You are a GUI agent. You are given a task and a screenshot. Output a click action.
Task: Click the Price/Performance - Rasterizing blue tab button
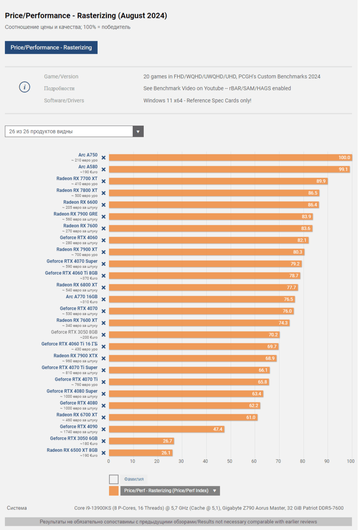point(51,48)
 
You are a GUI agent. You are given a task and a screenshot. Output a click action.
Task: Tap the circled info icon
point(25,87)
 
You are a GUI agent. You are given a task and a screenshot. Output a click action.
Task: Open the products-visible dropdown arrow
point(138,131)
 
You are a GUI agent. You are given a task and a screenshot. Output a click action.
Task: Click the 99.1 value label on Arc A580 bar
point(343,169)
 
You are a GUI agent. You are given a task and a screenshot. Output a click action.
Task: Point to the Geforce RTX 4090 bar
point(166,429)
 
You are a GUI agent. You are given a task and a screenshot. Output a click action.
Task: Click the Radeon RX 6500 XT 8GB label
point(72,450)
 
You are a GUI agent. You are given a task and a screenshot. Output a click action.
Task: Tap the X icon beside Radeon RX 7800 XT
point(103,193)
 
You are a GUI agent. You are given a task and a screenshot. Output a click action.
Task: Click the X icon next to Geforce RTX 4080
point(103,406)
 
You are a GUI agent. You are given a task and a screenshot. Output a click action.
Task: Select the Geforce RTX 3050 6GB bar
point(141,441)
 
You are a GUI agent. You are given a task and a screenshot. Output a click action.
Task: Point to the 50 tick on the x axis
point(230,461)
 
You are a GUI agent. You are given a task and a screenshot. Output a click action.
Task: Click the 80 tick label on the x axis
point(302,461)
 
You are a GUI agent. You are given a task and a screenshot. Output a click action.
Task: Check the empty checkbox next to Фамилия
point(114,479)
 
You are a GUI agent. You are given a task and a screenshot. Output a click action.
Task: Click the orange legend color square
point(114,491)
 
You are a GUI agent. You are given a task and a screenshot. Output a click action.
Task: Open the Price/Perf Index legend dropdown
point(215,491)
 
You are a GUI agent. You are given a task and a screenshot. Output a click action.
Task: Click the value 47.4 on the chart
point(218,429)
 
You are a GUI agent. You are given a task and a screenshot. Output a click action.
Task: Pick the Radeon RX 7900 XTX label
point(76,356)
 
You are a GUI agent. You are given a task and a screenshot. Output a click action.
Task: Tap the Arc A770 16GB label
point(82,297)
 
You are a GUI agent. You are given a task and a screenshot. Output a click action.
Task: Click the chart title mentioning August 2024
point(86,16)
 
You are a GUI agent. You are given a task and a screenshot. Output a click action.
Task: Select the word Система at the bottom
point(17,508)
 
